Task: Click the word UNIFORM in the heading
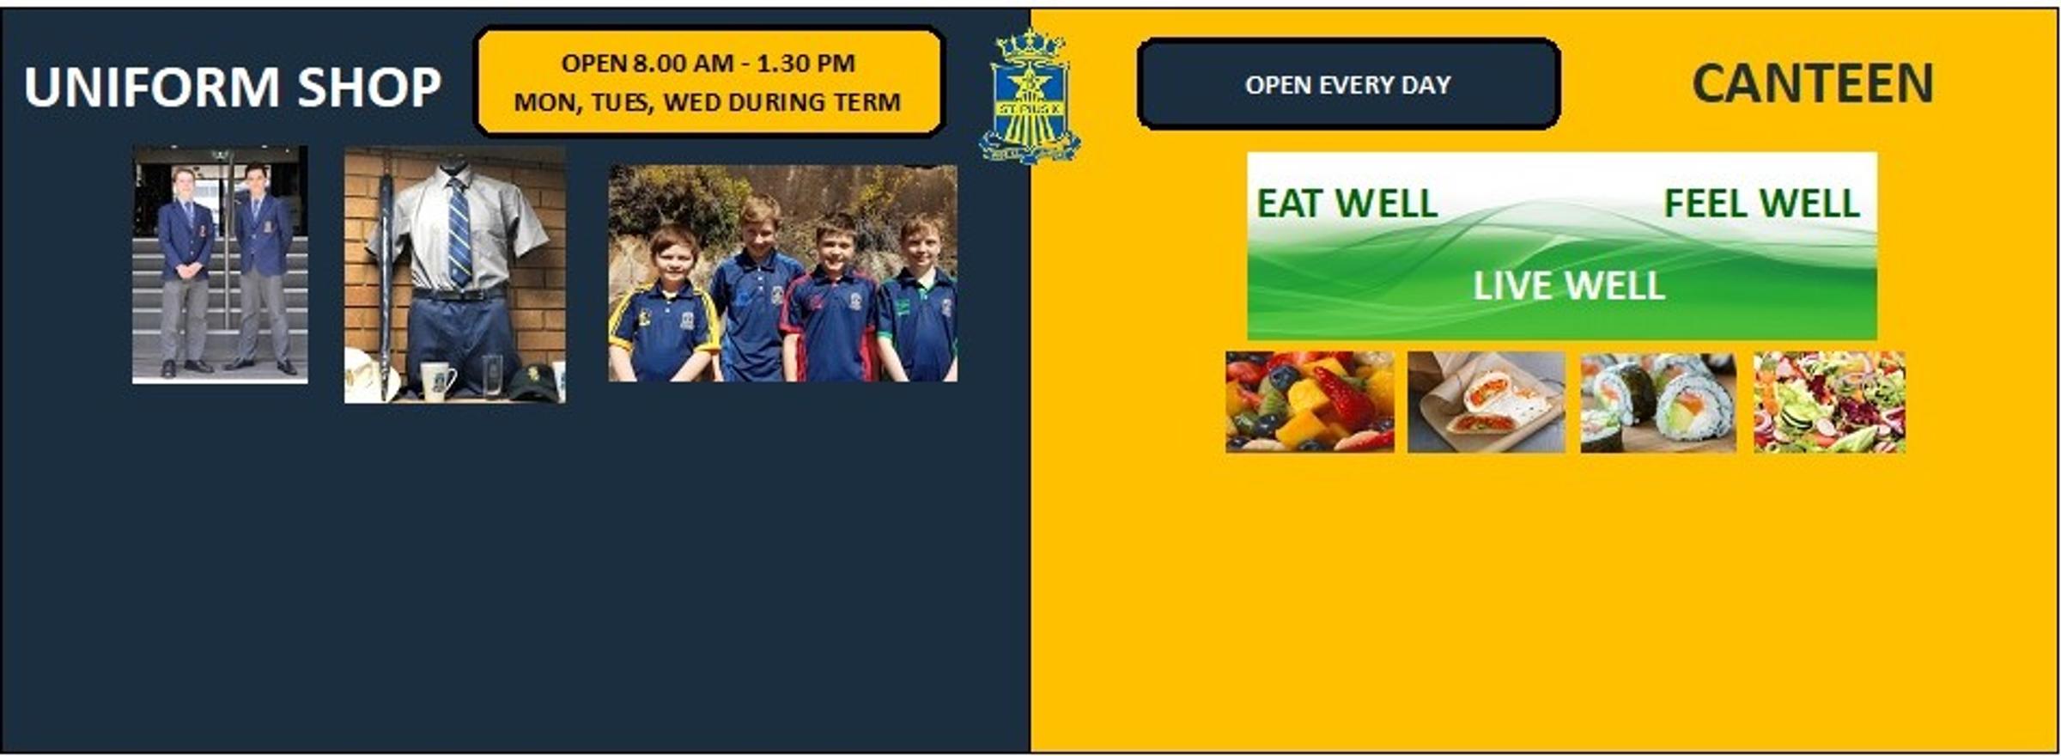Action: tap(152, 87)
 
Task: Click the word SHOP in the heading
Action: tap(369, 87)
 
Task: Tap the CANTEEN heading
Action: tap(1813, 83)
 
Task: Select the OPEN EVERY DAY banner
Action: tap(1348, 84)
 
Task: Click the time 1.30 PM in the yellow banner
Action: tap(806, 64)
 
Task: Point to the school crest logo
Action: tap(1030, 96)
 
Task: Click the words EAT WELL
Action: tap(1347, 204)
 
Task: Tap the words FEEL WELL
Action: tap(1762, 204)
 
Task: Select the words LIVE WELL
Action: tap(1569, 286)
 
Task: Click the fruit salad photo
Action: tap(1310, 401)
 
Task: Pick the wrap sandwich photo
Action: tap(1486, 401)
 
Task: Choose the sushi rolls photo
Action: tap(1658, 401)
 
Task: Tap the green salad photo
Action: tap(1829, 401)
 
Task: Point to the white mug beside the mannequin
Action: tap(437, 381)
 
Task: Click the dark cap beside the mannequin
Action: tap(534, 382)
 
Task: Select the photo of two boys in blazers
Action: tap(220, 265)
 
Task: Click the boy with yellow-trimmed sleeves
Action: tap(666, 305)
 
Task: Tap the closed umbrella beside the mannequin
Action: tap(386, 283)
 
